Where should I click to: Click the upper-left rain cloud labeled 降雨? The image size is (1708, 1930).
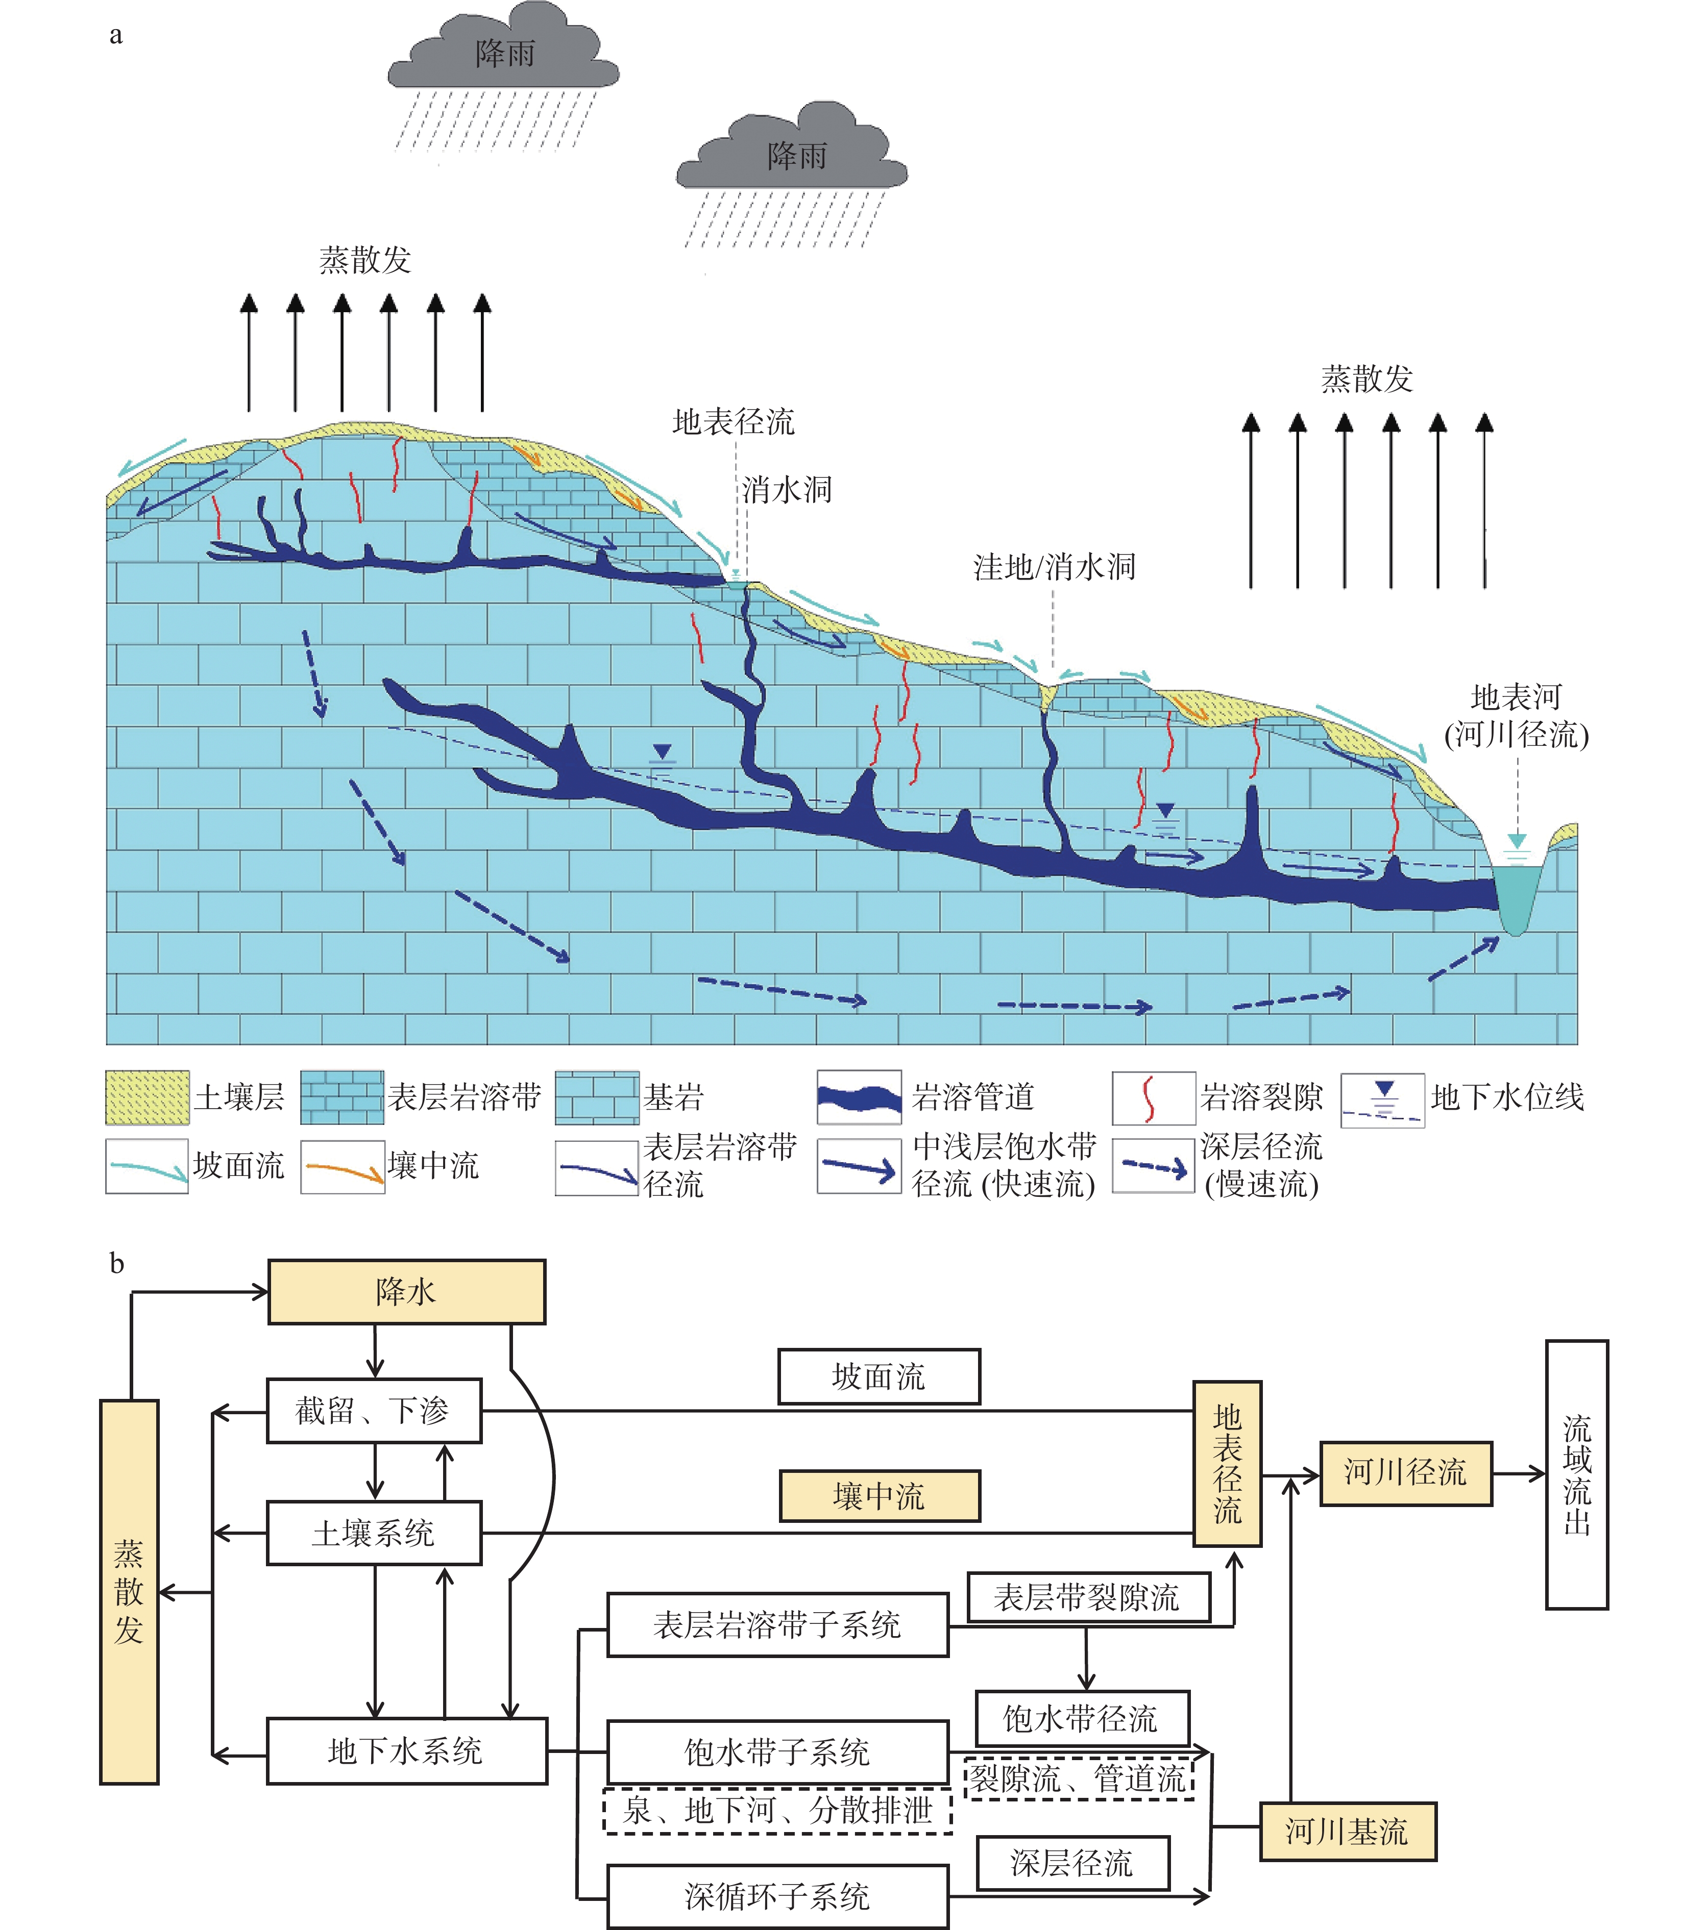503,52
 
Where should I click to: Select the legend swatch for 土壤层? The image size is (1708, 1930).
147,1097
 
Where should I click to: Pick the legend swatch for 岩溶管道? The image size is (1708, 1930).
859,1097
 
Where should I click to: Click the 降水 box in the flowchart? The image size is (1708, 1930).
406,1292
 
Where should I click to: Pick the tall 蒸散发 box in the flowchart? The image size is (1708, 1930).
130,1591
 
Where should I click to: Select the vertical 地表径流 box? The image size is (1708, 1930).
1227,1464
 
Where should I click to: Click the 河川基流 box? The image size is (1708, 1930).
1347,1833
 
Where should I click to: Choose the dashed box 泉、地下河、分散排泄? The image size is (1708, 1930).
777,1810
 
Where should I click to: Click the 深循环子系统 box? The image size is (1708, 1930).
777,1896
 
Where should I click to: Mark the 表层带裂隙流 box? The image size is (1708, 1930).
1088,1598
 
